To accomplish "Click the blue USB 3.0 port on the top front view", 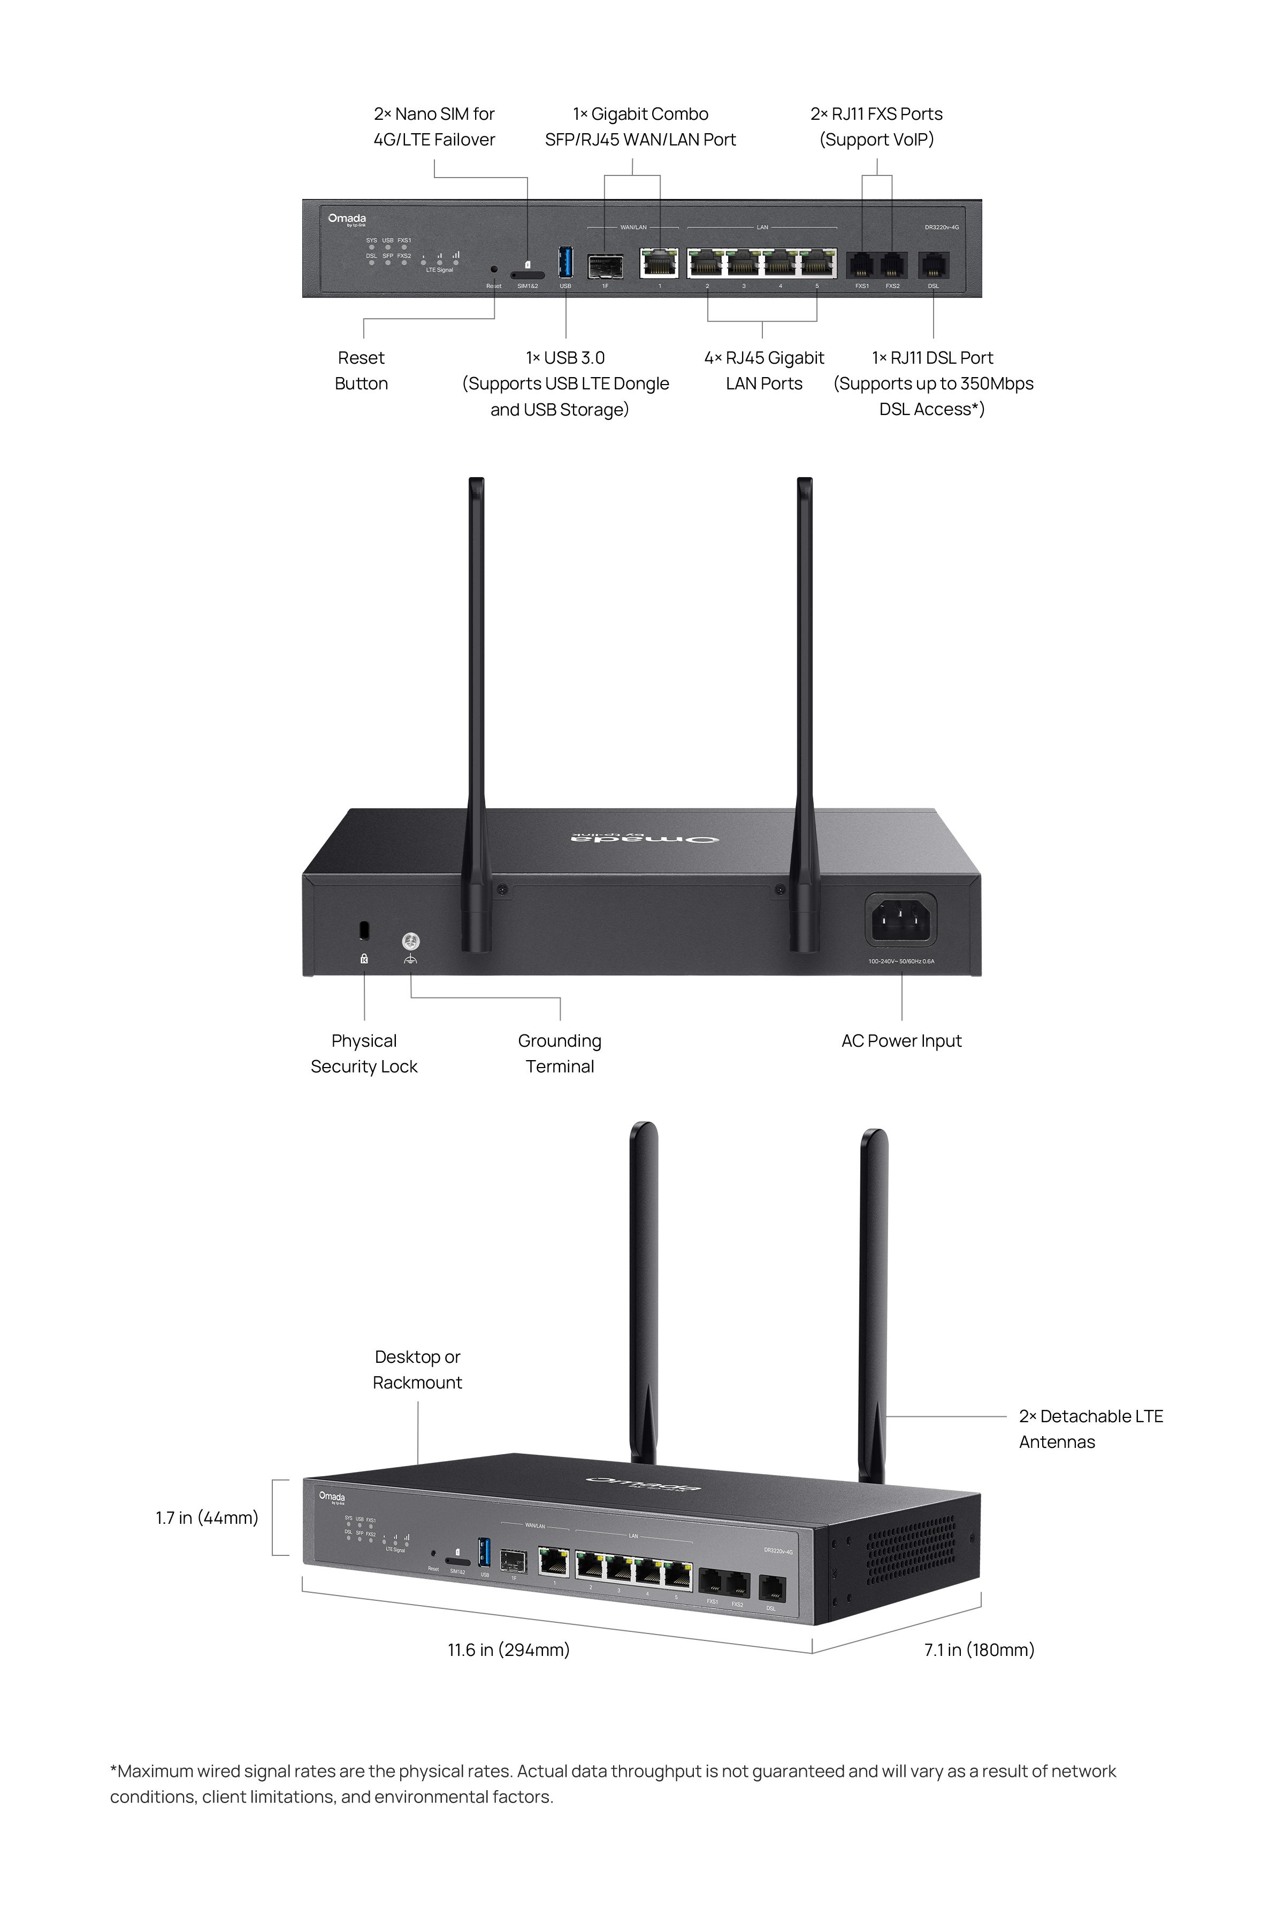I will pyautogui.click(x=565, y=262).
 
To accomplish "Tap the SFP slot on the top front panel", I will pyautogui.click(x=605, y=265).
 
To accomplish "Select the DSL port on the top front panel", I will pyautogui.click(x=934, y=264).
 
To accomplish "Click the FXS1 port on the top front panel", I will pyautogui.click(x=861, y=264).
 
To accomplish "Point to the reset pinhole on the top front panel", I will pyautogui.click(x=494, y=268).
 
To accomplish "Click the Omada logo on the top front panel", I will pyautogui.click(x=347, y=219).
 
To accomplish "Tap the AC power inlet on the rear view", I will pyautogui.click(x=901, y=919).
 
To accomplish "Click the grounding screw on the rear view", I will pyautogui.click(x=411, y=941).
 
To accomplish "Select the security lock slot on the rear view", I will pyautogui.click(x=364, y=930).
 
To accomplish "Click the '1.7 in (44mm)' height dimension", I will pyautogui.click(x=207, y=1518).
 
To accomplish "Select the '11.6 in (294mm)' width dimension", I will pyautogui.click(x=509, y=1650).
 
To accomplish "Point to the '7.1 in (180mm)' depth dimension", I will pyautogui.click(x=980, y=1650).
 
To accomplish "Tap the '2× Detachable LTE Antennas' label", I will pyautogui.click(x=1091, y=1429).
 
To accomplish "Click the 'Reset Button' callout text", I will pyautogui.click(x=361, y=370).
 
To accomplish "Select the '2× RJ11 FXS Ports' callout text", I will pyautogui.click(x=876, y=126).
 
